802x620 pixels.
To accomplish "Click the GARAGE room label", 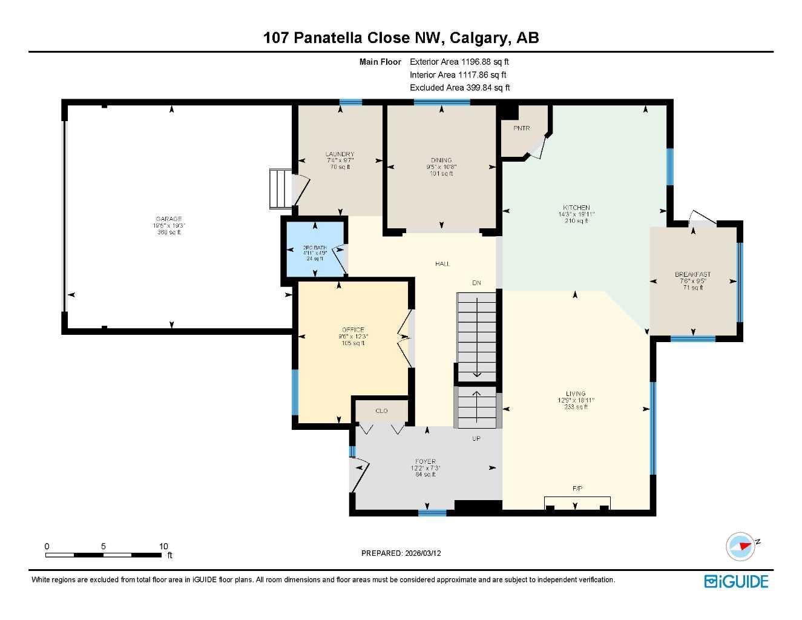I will (168, 219).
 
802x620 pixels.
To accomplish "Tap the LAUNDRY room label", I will (340, 154).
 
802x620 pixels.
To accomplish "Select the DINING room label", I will (441, 160).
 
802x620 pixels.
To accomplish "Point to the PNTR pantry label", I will (521, 128).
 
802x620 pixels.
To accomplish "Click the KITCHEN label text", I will (576, 208).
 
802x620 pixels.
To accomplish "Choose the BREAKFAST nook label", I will (692, 274).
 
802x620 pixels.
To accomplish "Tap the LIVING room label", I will (576, 394).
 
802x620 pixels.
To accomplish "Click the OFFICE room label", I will (353, 330).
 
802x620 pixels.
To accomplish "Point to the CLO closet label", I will (381, 411).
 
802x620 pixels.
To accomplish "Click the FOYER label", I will (426, 461).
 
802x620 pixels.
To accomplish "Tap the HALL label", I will (442, 264).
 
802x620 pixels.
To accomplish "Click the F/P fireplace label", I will (577, 488).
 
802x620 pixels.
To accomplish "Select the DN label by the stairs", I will (477, 283).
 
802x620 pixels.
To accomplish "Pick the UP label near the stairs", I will (476, 438).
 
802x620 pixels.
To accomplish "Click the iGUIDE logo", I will (736, 582).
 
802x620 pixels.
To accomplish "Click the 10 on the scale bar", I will (163, 546).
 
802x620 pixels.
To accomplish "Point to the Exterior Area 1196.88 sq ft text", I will (459, 62).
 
